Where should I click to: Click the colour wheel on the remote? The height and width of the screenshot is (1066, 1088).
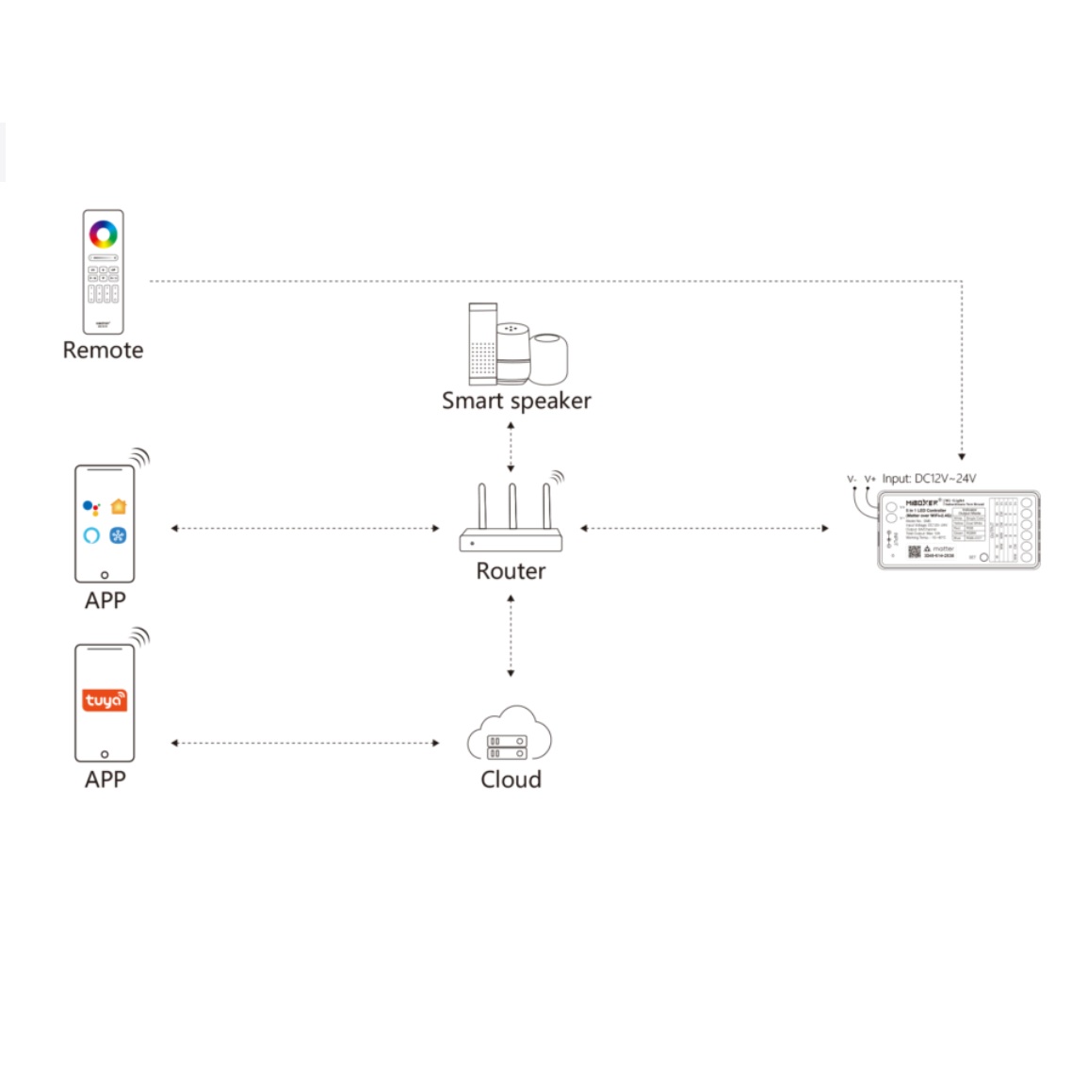tap(103, 233)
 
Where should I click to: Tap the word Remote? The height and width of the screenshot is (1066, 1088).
tap(103, 350)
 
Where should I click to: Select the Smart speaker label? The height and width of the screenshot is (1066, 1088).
tap(516, 401)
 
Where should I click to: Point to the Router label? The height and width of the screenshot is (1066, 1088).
tap(511, 571)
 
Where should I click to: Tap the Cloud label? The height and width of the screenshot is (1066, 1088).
tap(511, 779)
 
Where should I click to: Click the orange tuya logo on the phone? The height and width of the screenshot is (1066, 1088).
tap(104, 700)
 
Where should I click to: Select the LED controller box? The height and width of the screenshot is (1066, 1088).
tap(959, 529)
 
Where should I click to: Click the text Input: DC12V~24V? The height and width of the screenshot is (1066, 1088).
tap(929, 478)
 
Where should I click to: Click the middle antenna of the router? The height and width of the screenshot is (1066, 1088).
tap(512, 507)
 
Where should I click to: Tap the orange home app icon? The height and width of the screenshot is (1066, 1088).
tap(119, 507)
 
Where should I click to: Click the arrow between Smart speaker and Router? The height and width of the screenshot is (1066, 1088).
tap(511, 447)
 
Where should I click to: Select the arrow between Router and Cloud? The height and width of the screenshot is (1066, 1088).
tap(511, 636)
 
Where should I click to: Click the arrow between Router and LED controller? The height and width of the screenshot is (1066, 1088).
tap(705, 528)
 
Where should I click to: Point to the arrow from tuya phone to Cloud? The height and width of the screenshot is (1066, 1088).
tap(304, 743)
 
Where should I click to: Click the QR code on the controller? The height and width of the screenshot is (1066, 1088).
tap(914, 551)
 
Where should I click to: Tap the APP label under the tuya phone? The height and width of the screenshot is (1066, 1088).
tap(105, 779)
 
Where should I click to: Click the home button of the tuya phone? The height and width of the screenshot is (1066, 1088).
tap(105, 754)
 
